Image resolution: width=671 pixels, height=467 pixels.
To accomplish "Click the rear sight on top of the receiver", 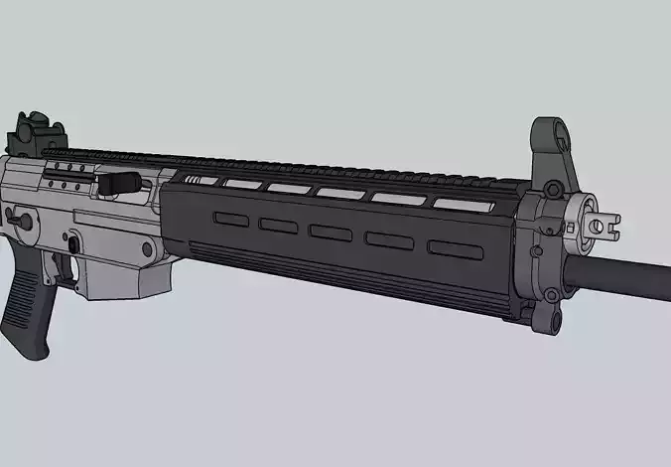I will click(34, 134).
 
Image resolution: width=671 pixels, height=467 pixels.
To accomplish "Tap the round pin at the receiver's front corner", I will click(148, 248).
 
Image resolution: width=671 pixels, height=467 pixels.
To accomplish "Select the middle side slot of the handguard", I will click(330, 232).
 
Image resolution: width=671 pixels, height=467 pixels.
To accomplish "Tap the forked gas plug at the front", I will click(600, 225).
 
